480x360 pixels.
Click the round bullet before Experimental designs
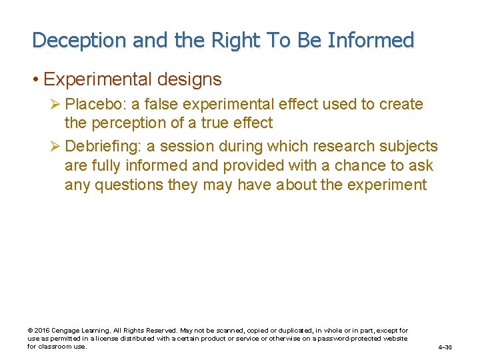(x=35, y=80)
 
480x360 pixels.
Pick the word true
(x=216, y=123)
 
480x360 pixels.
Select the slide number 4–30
(x=445, y=347)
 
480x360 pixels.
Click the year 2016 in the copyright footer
(x=42, y=331)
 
